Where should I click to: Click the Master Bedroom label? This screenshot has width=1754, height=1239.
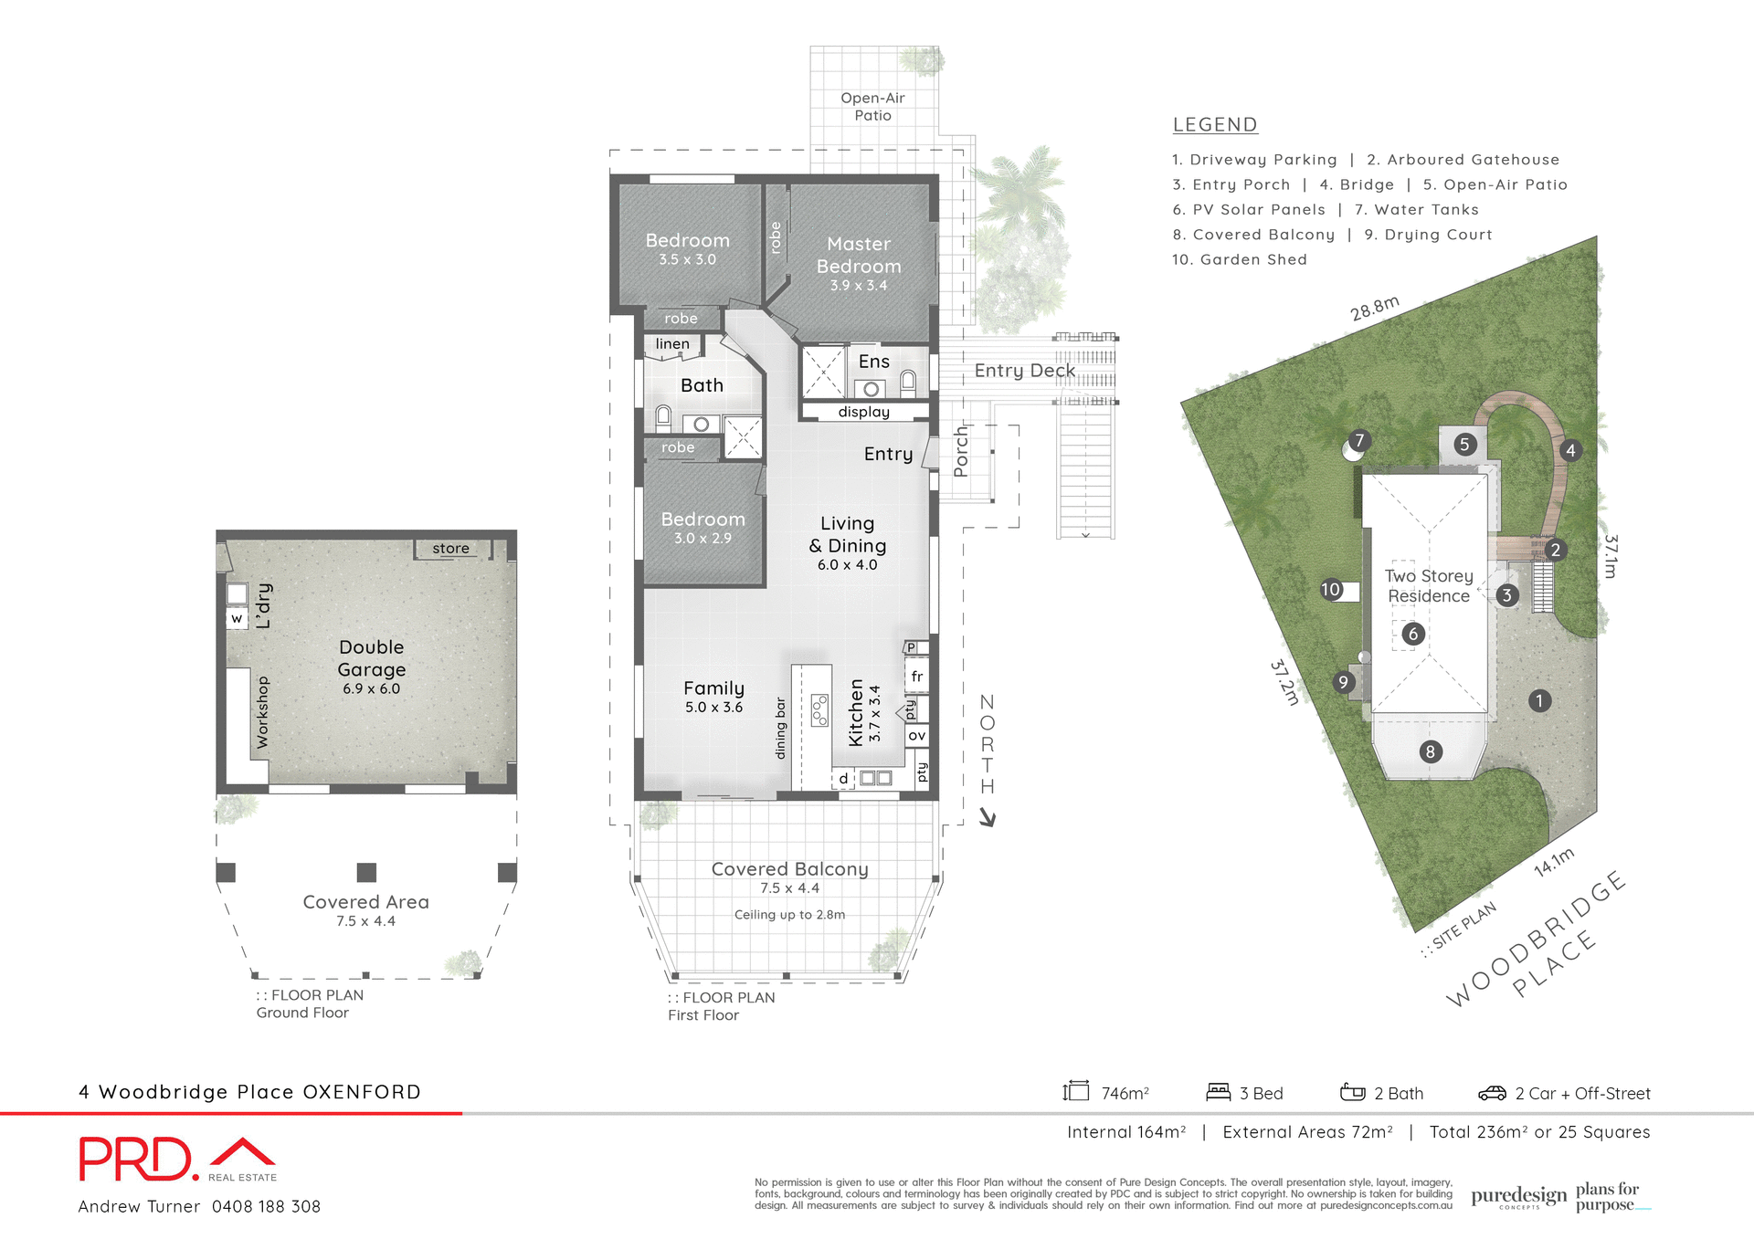click(858, 256)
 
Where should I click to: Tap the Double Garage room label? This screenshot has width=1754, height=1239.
click(371, 658)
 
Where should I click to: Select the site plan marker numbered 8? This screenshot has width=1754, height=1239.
click(1430, 751)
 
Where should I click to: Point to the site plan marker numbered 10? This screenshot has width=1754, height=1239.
click(1331, 590)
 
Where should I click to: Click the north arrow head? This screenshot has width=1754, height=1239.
click(988, 819)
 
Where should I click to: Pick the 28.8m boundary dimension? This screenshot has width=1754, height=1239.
click(1374, 309)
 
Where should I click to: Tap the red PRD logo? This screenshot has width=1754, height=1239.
click(137, 1160)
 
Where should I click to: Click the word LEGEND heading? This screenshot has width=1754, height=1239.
click(1214, 125)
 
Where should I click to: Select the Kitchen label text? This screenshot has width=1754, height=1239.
click(856, 712)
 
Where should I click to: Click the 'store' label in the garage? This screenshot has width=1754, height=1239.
click(450, 549)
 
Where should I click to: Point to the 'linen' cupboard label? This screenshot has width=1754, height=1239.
click(672, 344)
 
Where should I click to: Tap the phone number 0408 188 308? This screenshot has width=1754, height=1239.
click(266, 1206)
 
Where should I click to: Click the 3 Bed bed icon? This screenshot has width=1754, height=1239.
click(1218, 1092)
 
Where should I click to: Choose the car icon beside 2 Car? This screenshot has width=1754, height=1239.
click(1491, 1093)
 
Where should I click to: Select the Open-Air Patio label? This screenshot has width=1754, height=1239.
click(872, 107)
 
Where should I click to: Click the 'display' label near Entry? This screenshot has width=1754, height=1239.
click(863, 412)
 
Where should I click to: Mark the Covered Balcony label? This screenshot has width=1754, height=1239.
click(789, 869)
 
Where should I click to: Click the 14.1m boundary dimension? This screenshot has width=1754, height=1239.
click(1553, 862)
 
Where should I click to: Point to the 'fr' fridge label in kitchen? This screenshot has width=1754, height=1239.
click(916, 677)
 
